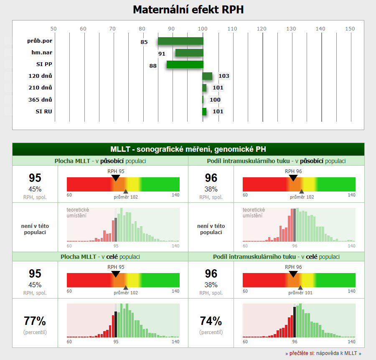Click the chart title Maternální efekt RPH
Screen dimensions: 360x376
188,10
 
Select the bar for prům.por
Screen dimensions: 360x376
180,41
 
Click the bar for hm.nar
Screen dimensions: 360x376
189,53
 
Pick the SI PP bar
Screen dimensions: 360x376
185,64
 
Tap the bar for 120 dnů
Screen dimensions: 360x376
207,76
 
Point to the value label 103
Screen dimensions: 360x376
224,76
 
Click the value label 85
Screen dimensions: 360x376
144,42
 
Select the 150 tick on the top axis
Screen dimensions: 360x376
350,28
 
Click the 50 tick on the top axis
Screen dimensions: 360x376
53,28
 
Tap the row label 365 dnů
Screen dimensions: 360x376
44,100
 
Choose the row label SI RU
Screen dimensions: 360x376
44,111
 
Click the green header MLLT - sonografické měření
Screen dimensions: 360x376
188,149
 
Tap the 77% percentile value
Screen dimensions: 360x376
35,321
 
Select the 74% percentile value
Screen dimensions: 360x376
211,321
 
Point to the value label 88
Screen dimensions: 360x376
153,66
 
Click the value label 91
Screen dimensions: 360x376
162,54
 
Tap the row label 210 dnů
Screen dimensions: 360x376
44,88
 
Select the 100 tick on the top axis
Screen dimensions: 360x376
203,28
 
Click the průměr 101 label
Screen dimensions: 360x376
301,293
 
